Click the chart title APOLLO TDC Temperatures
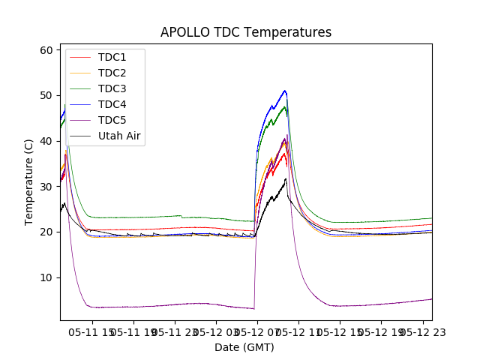(246, 32)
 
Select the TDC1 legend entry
(112, 57)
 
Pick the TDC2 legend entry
(112, 73)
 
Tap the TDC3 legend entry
(112, 88)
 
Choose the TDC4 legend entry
(112, 104)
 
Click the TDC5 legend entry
(112, 120)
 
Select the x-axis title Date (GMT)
(244, 347)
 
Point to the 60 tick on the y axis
(46, 50)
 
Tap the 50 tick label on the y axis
(46, 96)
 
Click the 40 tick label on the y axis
(46, 141)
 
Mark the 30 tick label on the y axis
(46, 187)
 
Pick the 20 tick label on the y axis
(46, 232)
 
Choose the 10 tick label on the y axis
(46, 277)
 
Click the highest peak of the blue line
(285, 91)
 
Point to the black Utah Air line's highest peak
(285, 178)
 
